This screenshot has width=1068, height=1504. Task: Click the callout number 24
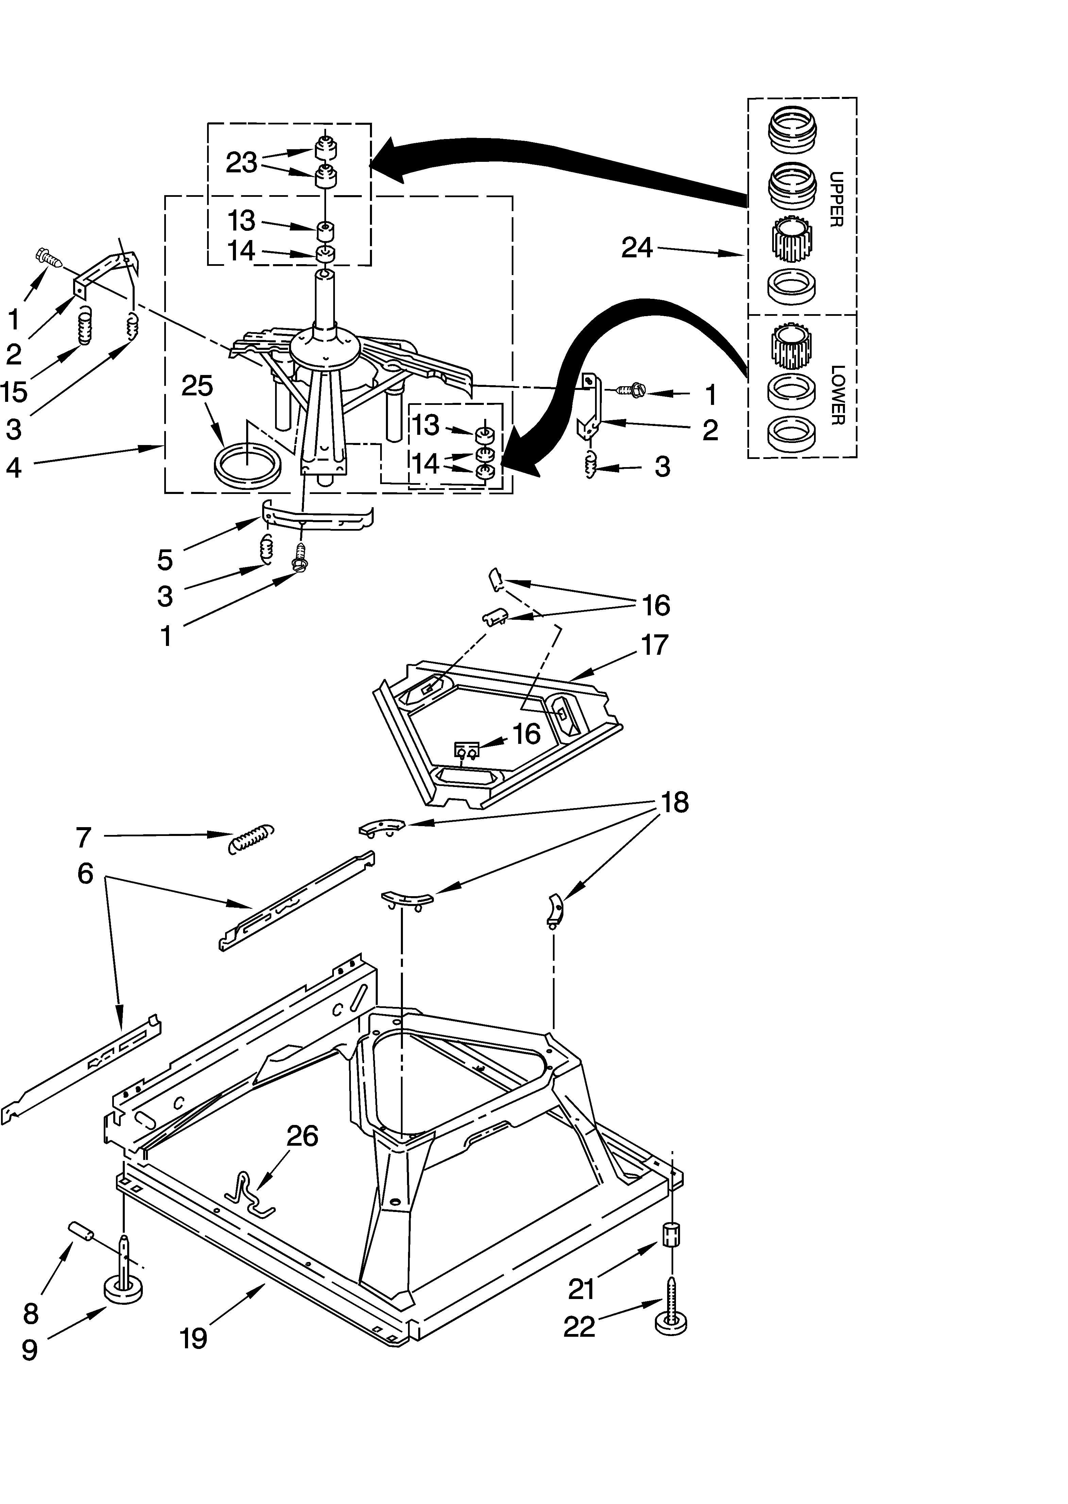637,248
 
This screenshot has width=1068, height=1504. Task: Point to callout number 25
197,386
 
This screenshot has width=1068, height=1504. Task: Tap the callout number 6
85,874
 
